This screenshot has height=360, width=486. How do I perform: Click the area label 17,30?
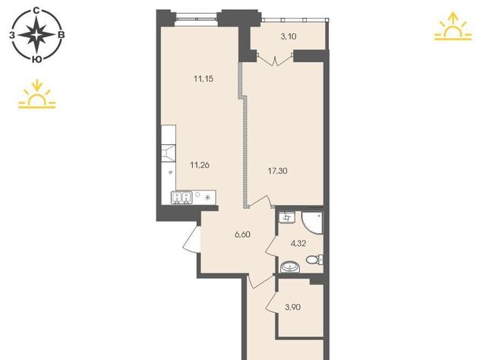point(277,171)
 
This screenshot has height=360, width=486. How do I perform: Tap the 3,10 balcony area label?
point(289,36)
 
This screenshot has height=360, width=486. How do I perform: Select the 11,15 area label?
point(204,79)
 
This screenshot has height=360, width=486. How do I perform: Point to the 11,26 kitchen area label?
point(200,165)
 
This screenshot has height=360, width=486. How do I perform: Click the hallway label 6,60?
point(242,235)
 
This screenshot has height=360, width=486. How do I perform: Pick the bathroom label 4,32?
point(298,244)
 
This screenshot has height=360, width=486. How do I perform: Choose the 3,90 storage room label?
point(292,308)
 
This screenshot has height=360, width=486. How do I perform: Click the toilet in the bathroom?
point(314,259)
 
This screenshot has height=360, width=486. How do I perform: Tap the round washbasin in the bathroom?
point(290,267)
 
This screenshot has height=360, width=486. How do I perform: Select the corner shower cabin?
point(312,223)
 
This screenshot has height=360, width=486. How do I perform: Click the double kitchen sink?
point(181,197)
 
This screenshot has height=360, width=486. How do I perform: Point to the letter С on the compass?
point(36,11)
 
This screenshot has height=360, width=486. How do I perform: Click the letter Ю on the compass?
point(37,59)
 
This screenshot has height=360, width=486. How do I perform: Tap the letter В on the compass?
point(62,35)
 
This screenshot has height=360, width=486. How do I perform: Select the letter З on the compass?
point(12,36)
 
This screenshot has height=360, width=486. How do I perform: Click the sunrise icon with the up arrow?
point(453,27)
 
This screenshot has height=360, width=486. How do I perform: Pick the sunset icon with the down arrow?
point(37,94)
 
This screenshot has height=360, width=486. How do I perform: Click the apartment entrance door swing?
point(191,238)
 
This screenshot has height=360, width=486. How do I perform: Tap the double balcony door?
point(275,59)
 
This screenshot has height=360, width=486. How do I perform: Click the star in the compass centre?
point(36,35)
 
